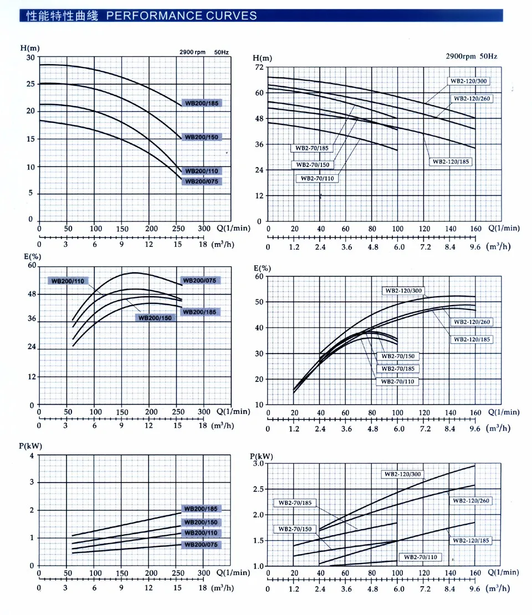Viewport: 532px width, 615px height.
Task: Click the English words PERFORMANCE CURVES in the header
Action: [181, 15]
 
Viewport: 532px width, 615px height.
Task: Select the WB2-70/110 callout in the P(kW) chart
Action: [421, 557]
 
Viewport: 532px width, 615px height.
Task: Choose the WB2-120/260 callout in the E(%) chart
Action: [472, 322]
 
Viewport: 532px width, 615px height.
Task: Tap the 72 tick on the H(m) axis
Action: [258, 67]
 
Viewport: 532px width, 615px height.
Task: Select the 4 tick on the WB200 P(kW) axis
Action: [32, 456]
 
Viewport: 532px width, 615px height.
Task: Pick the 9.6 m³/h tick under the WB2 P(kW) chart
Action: [474, 590]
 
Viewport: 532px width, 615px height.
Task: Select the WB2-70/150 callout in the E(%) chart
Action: [396, 355]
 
